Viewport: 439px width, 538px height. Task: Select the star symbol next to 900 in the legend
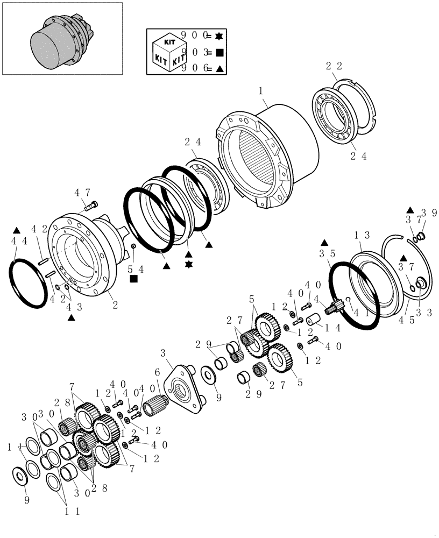point(218,37)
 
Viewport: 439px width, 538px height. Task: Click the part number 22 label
point(334,66)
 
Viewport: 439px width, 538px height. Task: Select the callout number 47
point(82,192)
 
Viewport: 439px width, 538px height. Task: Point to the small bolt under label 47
point(91,204)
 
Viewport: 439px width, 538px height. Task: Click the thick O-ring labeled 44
point(27,284)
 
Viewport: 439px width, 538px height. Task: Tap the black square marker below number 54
point(133,279)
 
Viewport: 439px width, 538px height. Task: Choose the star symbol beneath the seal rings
point(188,265)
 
